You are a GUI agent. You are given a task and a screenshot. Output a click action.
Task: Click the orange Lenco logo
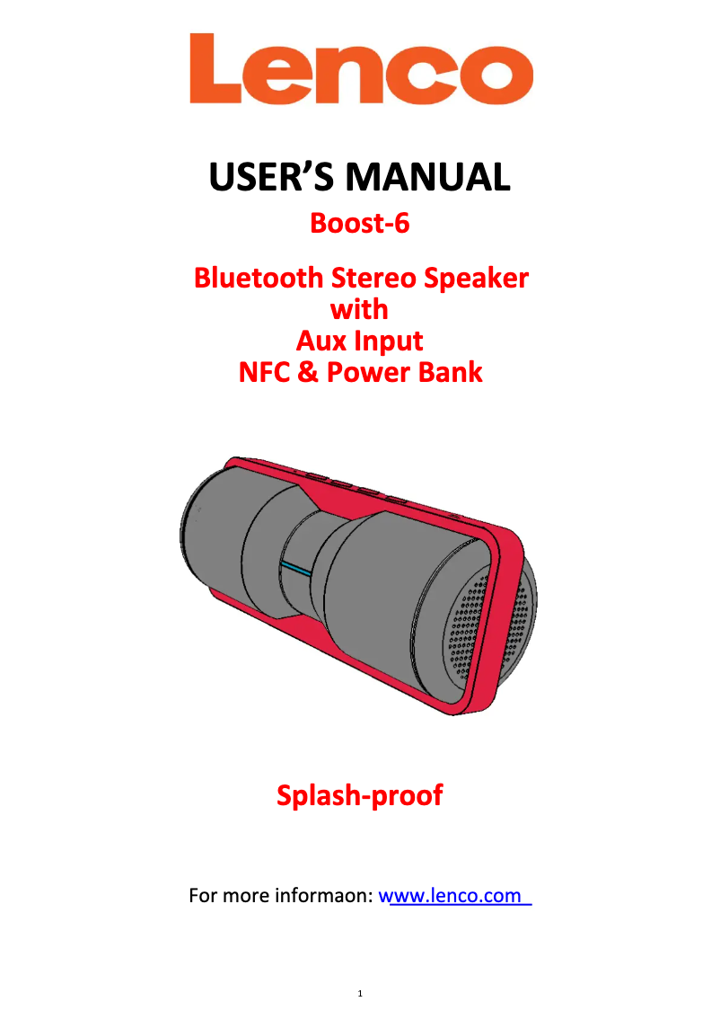(x=361, y=69)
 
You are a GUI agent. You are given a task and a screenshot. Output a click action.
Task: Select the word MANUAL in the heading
(x=427, y=177)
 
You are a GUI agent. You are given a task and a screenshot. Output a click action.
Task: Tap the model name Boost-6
(x=360, y=223)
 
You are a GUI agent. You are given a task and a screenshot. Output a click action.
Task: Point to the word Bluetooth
(x=259, y=278)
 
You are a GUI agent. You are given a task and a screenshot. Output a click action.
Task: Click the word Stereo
(x=374, y=278)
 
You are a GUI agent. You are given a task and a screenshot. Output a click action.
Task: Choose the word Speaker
(x=477, y=279)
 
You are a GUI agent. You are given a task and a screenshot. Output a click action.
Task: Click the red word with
(x=359, y=309)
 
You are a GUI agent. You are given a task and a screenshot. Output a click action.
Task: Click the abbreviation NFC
(x=264, y=372)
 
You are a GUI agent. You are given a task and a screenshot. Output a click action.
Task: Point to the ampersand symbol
(x=308, y=372)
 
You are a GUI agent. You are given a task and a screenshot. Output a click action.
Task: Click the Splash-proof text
(x=360, y=795)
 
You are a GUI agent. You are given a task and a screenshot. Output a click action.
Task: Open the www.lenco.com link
(x=454, y=896)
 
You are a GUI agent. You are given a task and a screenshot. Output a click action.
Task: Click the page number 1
(x=360, y=993)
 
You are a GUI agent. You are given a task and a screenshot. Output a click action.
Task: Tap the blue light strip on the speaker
(x=296, y=569)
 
